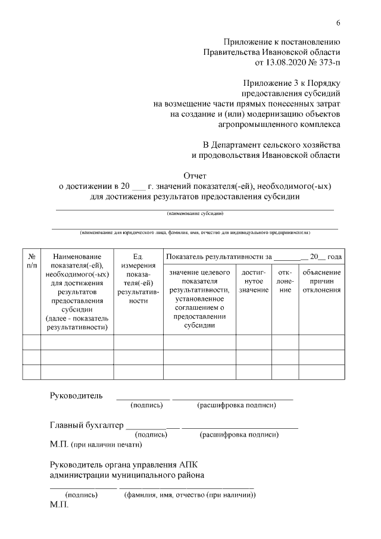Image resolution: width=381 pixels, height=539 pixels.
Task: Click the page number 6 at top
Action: [338, 23]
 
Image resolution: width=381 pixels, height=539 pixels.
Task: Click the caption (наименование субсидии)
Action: [195, 213]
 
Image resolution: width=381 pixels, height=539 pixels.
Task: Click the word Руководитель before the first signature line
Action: [76, 395]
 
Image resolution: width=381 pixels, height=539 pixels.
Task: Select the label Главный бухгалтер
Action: [86, 425]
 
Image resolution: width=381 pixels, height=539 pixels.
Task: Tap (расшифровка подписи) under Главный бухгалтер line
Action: [239, 435]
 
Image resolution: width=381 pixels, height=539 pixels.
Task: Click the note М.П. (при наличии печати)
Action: [96, 444]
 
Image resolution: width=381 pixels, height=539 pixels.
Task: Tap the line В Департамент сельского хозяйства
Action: [271, 144]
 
